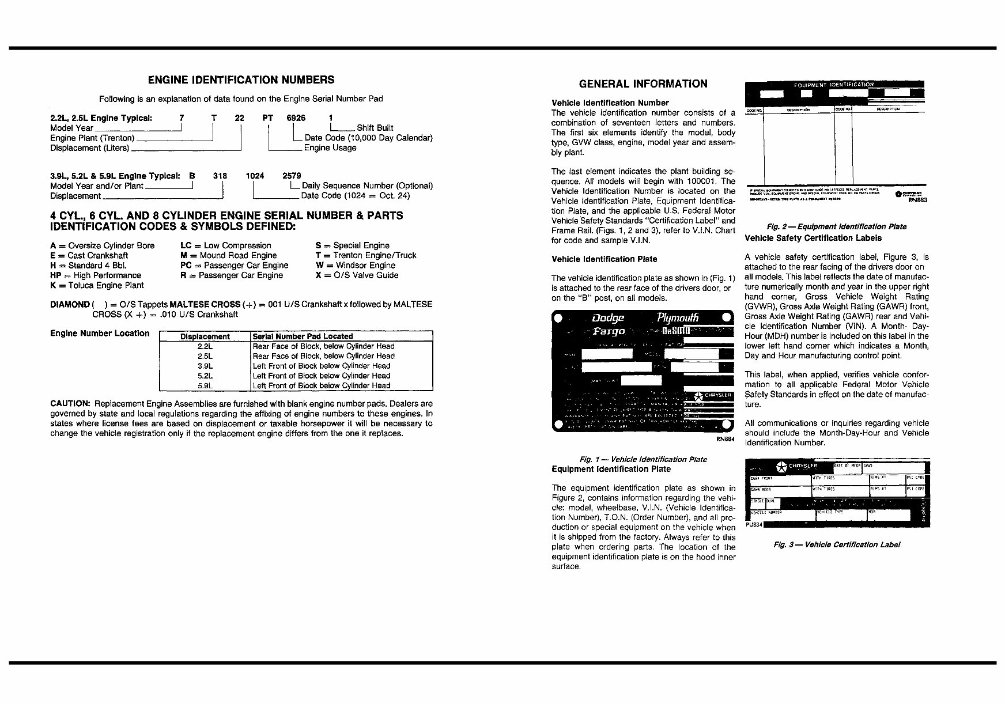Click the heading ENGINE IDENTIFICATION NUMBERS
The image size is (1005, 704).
[x=241, y=80]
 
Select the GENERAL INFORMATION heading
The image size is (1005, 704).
[x=643, y=84]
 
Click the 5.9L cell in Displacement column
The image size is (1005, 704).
[x=205, y=385]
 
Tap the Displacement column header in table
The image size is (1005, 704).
[x=205, y=336]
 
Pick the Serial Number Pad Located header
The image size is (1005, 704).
[x=303, y=336]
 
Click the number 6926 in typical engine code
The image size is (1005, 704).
[x=296, y=118]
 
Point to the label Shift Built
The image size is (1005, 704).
[x=375, y=128]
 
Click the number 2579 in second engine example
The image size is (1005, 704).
[x=292, y=176]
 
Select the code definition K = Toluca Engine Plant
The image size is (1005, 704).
[x=97, y=285]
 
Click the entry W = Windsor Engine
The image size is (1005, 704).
[x=355, y=266]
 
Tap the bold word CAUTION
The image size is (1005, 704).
[x=70, y=404]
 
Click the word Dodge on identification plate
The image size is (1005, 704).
[x=608, y=318]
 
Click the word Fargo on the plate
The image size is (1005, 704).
[x=609, y=331]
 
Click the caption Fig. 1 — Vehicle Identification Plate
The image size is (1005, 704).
[x=643, y=459]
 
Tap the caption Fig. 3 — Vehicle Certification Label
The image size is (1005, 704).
[x=836, y=544]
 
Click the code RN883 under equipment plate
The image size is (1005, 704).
[x=917, y=200]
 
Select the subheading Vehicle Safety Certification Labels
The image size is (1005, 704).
[x=813, y=238]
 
